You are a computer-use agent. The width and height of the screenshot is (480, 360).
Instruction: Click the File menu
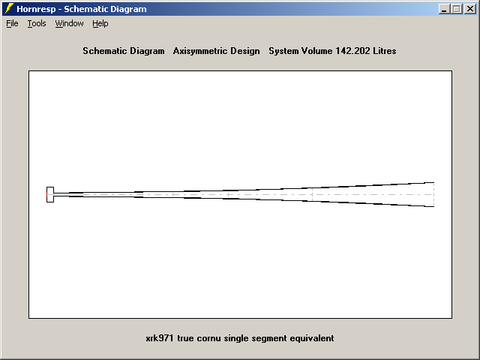coord(12,23)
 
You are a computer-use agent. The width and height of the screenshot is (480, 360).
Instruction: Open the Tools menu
coord(37,23)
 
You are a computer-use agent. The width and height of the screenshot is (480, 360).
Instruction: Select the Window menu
coord(69,23)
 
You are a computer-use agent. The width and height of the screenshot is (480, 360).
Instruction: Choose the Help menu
coord(100,23)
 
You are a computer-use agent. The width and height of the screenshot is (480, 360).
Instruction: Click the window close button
coord(470,9)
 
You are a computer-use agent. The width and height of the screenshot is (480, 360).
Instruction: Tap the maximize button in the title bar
coord(457,9)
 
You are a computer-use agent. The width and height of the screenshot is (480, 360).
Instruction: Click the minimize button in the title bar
coord(444,9)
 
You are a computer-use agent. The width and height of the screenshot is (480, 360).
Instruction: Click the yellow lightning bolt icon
coord(9,8)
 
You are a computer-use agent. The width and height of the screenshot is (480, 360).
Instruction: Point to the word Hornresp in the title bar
coord(36,9)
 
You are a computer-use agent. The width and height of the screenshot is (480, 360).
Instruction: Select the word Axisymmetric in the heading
coord(200,51)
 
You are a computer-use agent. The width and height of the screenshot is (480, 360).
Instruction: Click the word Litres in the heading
coord(385,51)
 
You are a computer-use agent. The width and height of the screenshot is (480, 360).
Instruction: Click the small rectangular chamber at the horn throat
coord(50,194)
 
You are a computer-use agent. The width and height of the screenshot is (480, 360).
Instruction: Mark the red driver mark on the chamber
coord(46,194)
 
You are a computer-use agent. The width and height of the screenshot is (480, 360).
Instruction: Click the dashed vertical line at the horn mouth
coord(433,194)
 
